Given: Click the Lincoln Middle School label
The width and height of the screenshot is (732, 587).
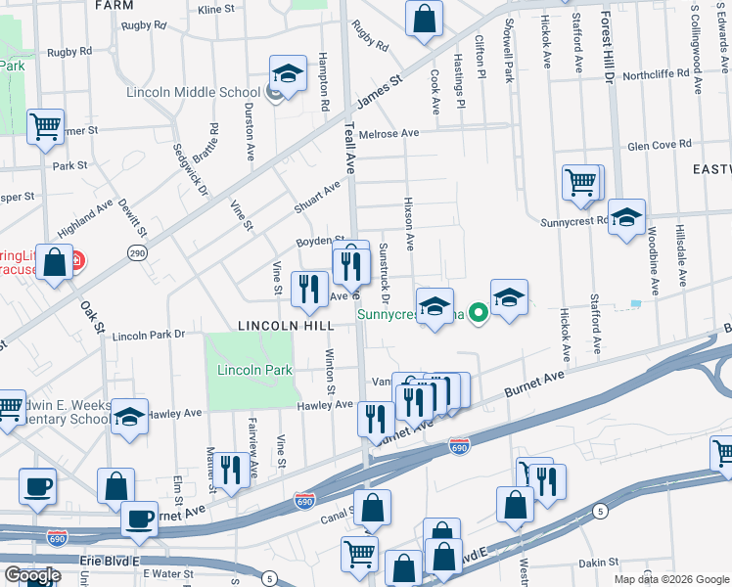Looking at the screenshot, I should pos(193,93).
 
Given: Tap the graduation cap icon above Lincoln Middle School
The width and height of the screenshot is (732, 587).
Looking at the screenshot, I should pos(288,72).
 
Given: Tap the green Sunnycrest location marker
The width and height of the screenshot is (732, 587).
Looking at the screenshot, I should pos(478,314).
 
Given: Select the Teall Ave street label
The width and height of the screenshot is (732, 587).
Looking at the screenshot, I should pos(348,137).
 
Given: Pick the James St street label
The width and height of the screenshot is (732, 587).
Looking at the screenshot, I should pos(381,96).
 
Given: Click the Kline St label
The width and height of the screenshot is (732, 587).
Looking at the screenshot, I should pos(216,9).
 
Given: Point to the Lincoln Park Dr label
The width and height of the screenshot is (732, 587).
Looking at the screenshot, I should pos(149,335).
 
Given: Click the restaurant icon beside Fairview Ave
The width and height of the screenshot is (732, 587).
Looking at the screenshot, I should pos(231,469).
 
